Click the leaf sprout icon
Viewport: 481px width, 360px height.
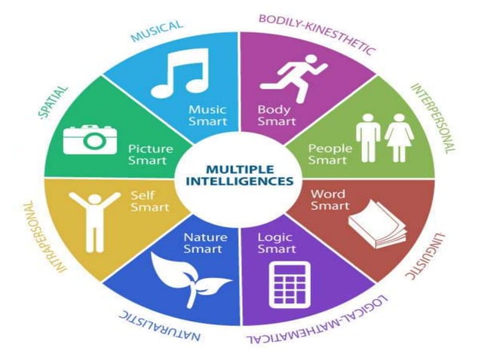point(188,278)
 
